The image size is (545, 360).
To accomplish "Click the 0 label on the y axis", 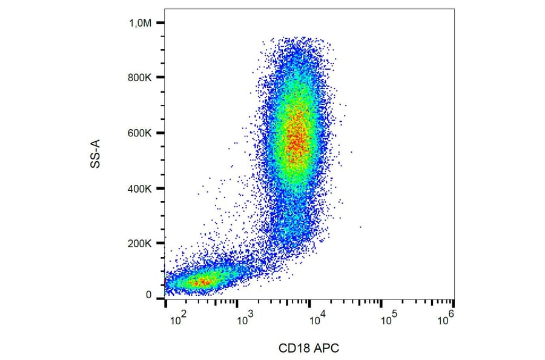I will [x=149, y=295].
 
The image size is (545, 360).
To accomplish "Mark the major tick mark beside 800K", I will [x=160, y=78].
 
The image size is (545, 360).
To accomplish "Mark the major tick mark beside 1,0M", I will [x=160, y=23].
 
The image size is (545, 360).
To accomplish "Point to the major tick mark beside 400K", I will [x=160, y=188].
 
